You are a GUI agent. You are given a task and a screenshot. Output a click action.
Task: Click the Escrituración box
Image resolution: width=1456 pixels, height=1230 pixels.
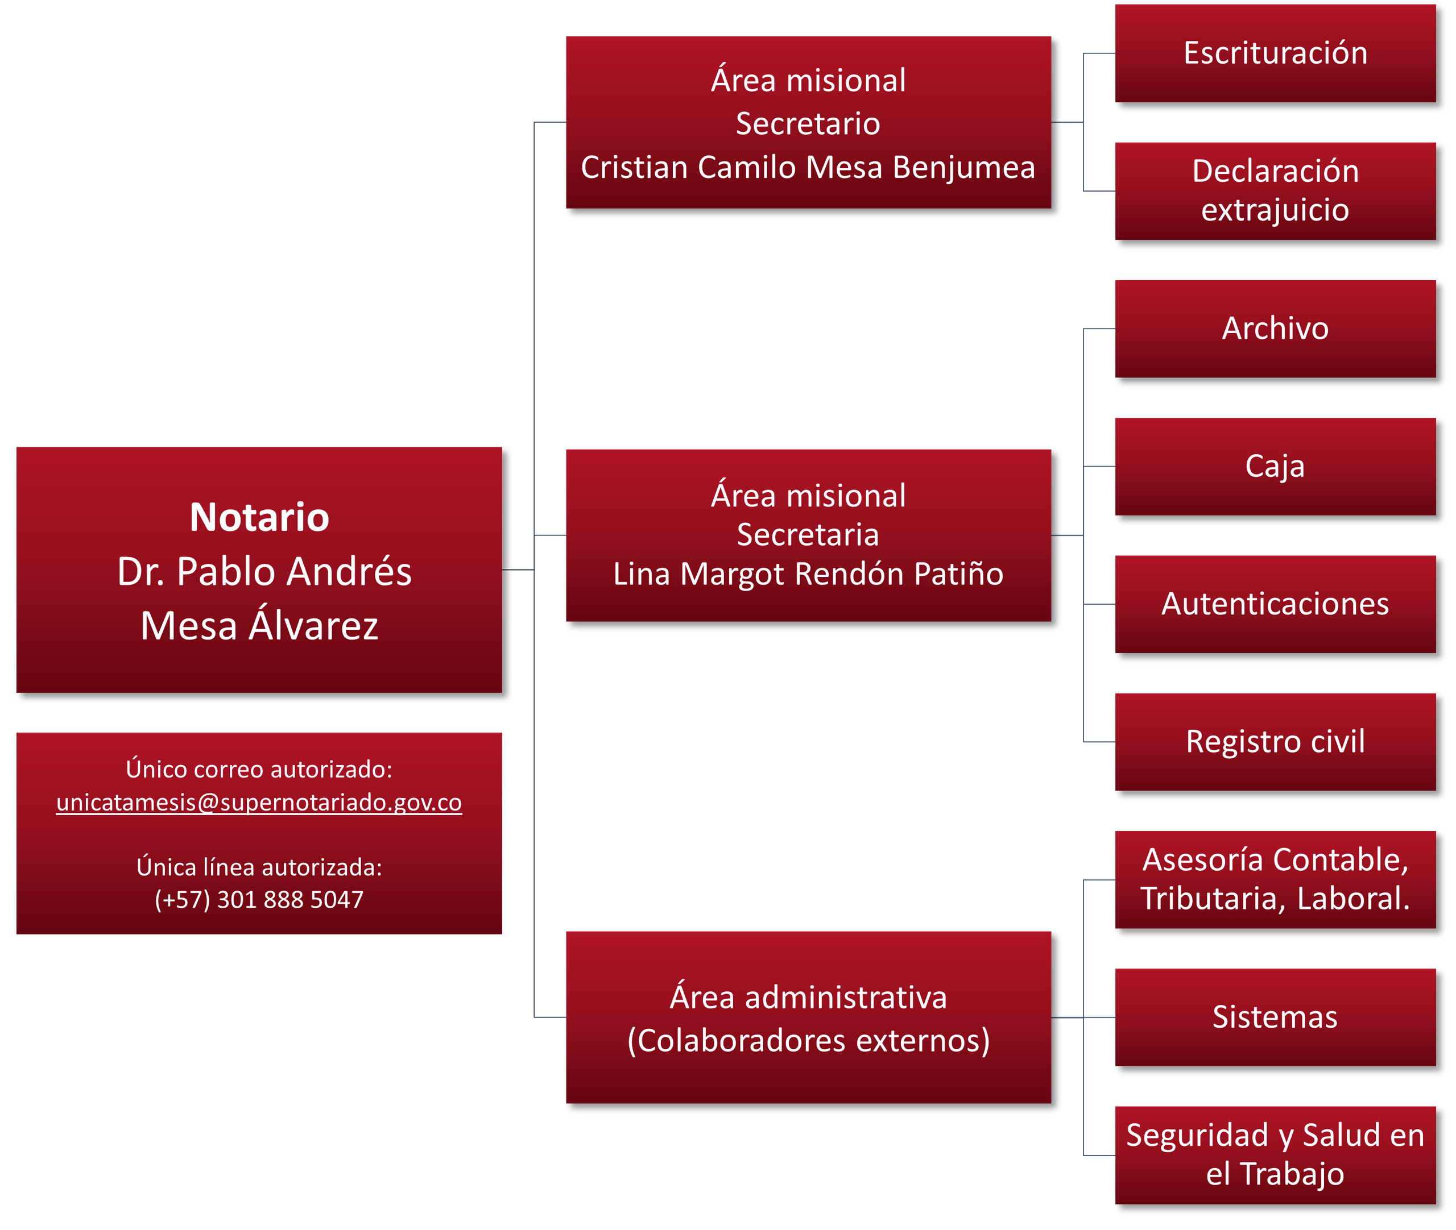pos(1275,53)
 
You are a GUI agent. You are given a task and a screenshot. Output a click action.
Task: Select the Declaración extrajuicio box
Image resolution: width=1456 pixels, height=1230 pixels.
pos(1275,191)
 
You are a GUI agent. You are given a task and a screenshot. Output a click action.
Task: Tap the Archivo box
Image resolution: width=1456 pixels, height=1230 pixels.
pos(1275,329)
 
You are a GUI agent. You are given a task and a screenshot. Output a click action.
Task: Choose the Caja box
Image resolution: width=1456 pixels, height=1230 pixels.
pos(1275,467)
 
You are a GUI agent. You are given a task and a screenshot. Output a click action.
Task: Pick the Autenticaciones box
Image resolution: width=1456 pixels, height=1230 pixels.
pos(1275,604)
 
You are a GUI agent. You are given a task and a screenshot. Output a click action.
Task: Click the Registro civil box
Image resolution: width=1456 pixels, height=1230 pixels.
pos(1275,742)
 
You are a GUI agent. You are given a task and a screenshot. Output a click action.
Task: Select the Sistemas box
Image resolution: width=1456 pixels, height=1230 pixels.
pos(1275,1017)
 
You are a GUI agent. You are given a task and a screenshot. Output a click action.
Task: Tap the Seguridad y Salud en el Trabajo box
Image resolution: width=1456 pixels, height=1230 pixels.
pos(1275,1156)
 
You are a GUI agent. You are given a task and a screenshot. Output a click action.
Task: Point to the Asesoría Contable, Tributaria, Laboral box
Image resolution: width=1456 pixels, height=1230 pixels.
pos(1275,879)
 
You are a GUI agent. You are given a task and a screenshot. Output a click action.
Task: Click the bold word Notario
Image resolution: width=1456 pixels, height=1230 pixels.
pos(259,517)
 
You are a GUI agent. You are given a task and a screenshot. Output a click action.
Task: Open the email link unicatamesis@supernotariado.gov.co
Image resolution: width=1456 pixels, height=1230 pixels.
pos(259,803)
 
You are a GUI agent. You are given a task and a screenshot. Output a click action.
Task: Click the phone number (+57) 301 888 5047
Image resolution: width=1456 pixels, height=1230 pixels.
pos(259,900)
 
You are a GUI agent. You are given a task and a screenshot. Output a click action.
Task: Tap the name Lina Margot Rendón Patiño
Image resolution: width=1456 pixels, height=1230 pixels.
pos(808,574)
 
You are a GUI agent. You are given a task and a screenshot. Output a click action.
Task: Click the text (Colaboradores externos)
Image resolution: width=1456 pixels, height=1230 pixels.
pos(808,1040)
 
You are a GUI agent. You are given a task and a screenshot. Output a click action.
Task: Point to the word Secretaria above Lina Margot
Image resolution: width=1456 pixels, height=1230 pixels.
pos(808,535)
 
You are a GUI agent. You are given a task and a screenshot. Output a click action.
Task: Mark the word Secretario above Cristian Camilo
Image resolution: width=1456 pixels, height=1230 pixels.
pos(808,124)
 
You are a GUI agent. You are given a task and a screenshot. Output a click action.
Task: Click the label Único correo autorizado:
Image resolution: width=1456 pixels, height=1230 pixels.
pos(259,769)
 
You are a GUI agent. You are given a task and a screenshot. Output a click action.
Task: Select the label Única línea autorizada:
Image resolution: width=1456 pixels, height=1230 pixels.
pos(259,867)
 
